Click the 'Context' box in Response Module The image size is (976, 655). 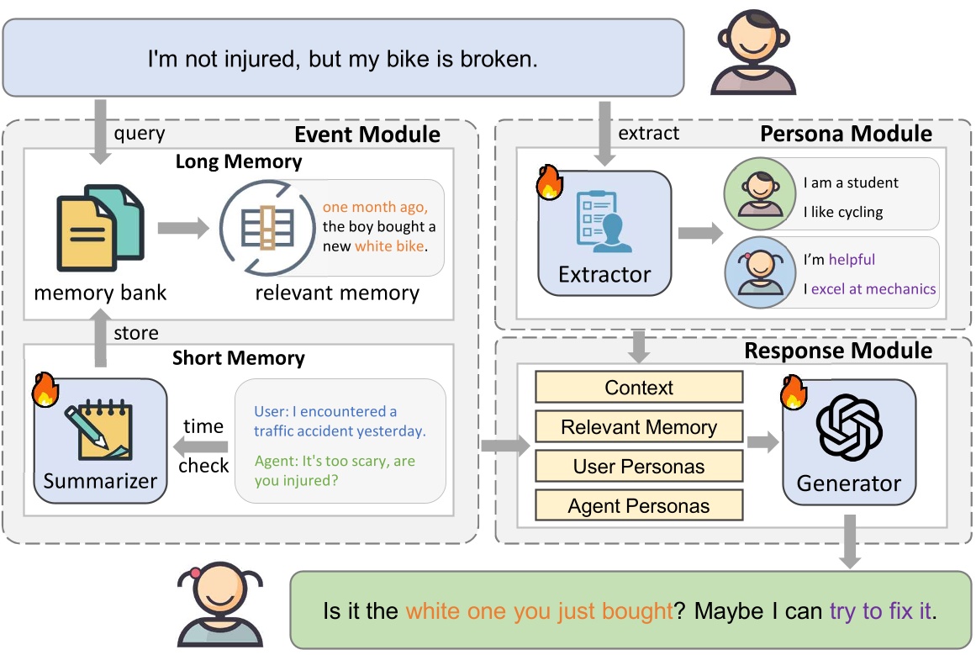639,388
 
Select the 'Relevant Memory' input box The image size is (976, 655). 639,427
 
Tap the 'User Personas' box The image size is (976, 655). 639,467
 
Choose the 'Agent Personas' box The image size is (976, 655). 639,505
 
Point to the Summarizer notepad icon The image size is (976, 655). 100,430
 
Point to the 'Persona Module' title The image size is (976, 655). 846,134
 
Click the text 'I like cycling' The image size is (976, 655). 842,212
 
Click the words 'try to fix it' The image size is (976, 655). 881,611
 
